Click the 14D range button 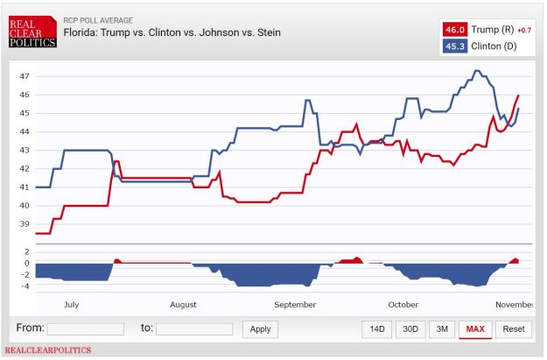click(x=377, y=329)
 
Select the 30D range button click(x=409, y=329)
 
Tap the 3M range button click(x=442, y=329)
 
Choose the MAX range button click(x=475, y=329)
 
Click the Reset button click(x=514, y=329)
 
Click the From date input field click(x=85, y=329)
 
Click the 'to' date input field click(x=193, y=329)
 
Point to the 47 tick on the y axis click(x=25, y=76)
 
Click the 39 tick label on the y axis click(x=25, y=224)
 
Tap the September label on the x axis click(x=295, y=305)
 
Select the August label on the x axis click(x=183, y=305)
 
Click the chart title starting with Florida click(x=172, y=32)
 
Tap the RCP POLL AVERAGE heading click(x=98, y=18)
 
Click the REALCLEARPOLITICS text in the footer click(x=48, y=350)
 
